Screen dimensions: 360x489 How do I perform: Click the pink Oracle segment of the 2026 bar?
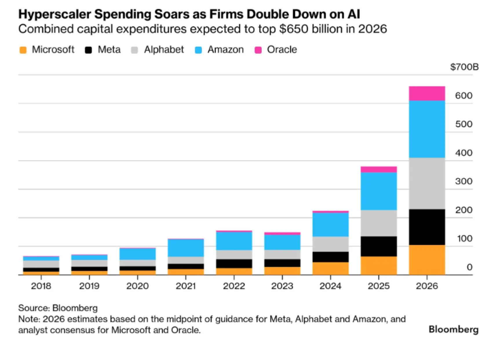tap(427, 93)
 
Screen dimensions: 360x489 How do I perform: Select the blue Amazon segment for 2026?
tap(427, 129)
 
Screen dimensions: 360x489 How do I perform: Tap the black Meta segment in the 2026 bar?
tap(427, 227)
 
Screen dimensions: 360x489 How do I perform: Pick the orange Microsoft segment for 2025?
tap(379, 266)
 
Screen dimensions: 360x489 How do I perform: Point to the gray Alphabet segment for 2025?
tap(379, 223)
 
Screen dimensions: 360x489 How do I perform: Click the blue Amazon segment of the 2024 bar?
tap(331, 225)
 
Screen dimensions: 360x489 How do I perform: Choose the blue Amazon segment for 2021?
tap(186, 248)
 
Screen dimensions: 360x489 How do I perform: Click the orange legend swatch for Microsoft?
tap(23, 50)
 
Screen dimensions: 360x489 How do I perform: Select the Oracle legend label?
tap(282, 50)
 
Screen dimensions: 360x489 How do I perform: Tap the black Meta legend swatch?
tap(88, 50)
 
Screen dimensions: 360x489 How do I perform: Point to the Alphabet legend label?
tap(164, 50)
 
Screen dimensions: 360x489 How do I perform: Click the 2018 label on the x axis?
tap(41, 286)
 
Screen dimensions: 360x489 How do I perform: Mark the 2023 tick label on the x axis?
tap(282, 286)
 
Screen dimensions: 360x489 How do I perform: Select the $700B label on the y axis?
tap(464, 67)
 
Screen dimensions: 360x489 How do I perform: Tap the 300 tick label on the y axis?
tap(464, 181)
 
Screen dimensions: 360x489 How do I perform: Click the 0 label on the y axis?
tap(470, 267)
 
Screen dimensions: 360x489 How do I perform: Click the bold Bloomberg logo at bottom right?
tap(453, 330)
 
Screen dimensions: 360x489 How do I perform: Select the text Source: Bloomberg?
tap(58, 308)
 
